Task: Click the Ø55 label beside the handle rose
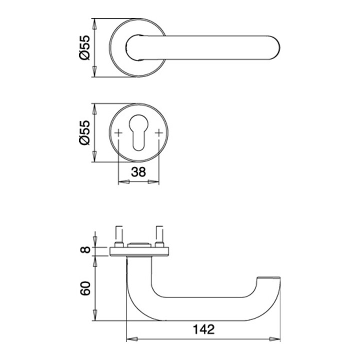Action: point(84,48)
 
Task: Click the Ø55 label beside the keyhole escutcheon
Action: point(84,132)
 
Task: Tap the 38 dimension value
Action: point(138,172)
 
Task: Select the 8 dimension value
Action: point(85,249)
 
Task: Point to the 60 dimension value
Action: point(85,288)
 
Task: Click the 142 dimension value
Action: point(203,329)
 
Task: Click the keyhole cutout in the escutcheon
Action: point(138,132)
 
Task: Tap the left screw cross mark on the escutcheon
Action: point(118,132)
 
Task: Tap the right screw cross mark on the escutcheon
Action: point(159,132)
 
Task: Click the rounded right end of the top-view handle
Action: point(274,48)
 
